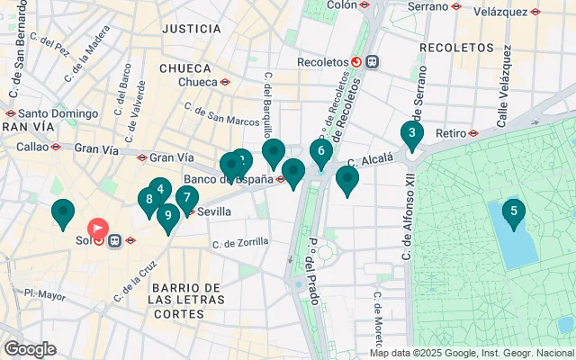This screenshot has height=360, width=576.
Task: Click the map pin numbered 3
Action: point(412,136)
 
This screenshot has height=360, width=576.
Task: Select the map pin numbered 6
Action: point(321,151)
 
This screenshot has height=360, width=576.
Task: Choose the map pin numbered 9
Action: point(167,216)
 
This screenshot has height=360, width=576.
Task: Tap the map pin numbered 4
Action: point(159,190)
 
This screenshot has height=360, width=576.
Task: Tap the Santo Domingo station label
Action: point(58,114)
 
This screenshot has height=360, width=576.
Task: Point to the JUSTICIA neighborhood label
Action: point(191,29)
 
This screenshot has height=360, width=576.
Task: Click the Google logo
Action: point(30,348)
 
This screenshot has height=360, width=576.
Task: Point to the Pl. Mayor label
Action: point(45,293)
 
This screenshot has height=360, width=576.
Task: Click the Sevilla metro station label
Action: point(213,211)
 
